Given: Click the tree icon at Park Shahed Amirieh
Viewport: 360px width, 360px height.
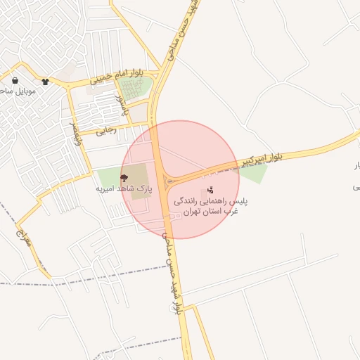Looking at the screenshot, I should click(124, 178).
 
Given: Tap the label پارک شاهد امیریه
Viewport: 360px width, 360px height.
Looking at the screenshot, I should click(124, 189).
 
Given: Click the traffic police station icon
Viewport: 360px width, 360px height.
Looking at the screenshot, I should click(210, 191).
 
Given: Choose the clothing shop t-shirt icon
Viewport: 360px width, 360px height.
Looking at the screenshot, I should click(46, 82).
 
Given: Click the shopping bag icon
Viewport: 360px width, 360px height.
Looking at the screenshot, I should click(15, 82).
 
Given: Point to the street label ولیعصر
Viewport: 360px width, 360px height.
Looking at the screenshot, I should click(73, 132).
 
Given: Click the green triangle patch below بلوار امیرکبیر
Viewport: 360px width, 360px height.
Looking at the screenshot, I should click(255, 173).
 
